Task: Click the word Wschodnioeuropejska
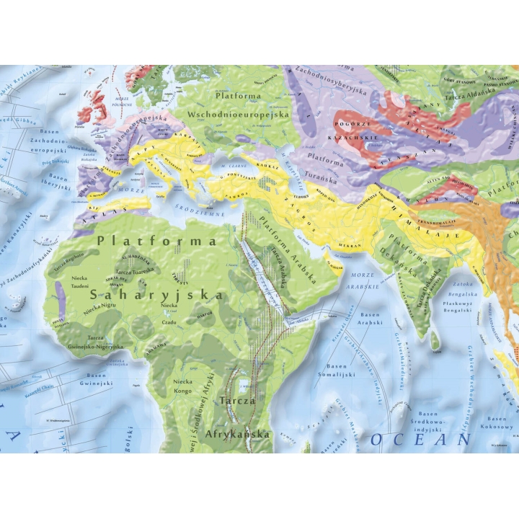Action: pos(238,114)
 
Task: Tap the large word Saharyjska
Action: pos(158,294)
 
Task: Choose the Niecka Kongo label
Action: pos(186,389)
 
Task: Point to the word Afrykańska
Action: pos(237,434)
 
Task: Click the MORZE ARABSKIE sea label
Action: pos(362,282)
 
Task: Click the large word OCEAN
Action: pos(421,438)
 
